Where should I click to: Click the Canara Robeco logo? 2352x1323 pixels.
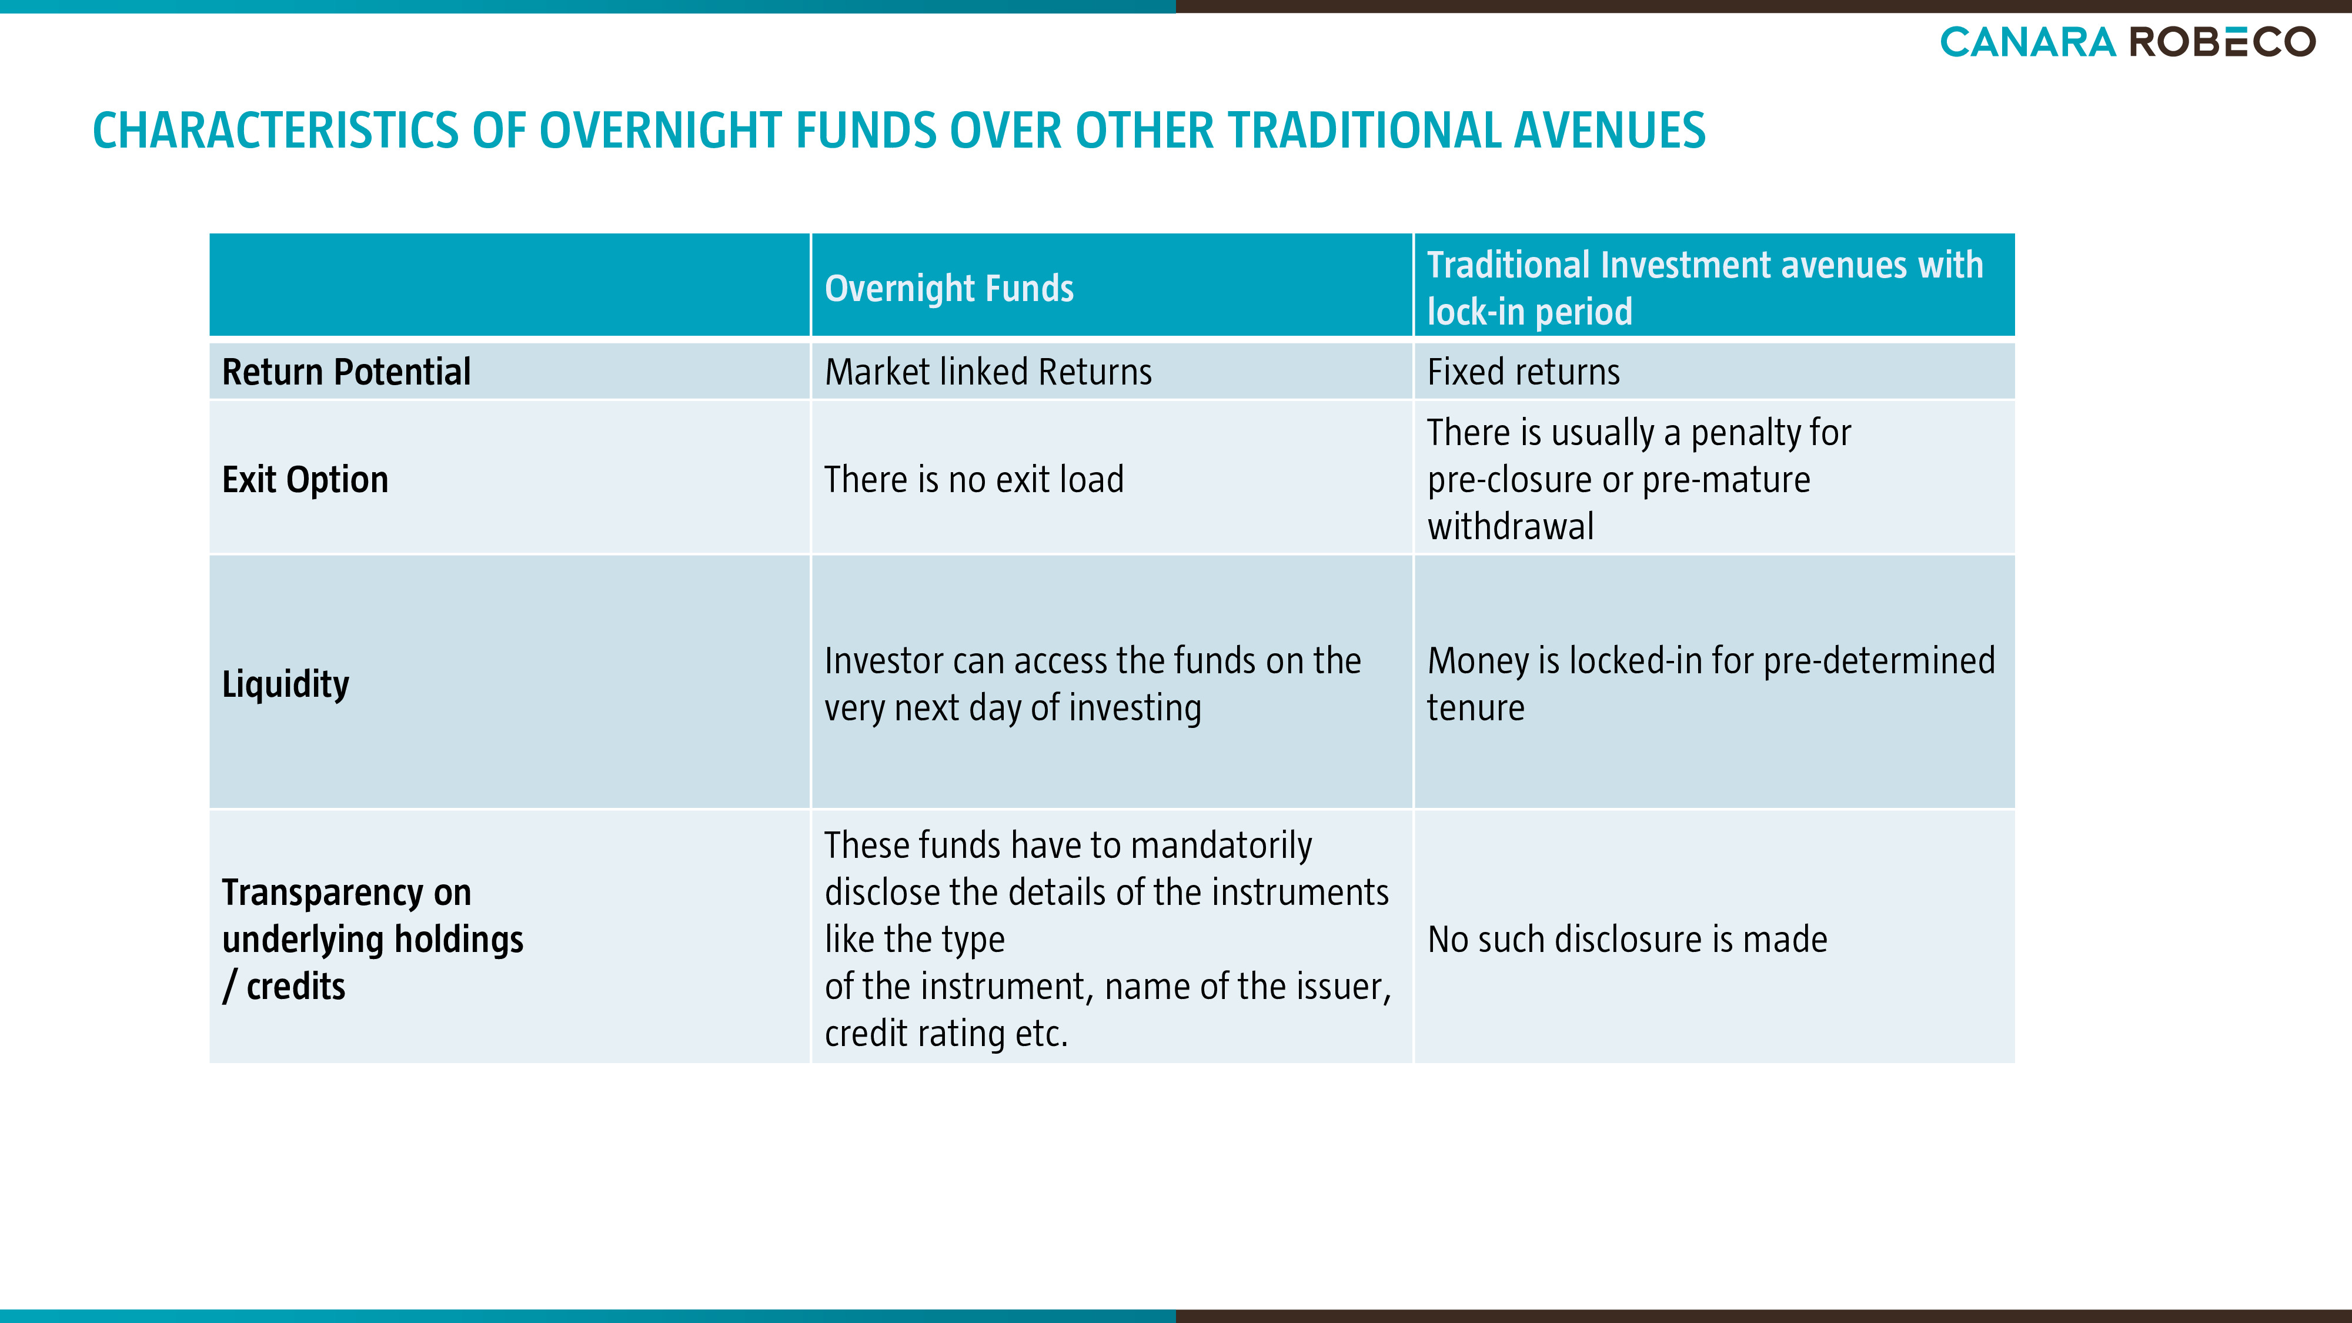click(x=2127, y=42)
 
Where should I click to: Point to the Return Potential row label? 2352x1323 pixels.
click(x=346, y=372)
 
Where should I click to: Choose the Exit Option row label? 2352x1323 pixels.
click(x=305, y=479)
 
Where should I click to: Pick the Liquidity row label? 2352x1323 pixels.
click(x=286, y=684)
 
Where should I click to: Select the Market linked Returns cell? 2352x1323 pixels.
click(x=988, y=372)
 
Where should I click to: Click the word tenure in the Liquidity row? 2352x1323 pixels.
click(x=1475, y=707)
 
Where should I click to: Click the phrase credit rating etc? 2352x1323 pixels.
click(x=946, y=1034)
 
